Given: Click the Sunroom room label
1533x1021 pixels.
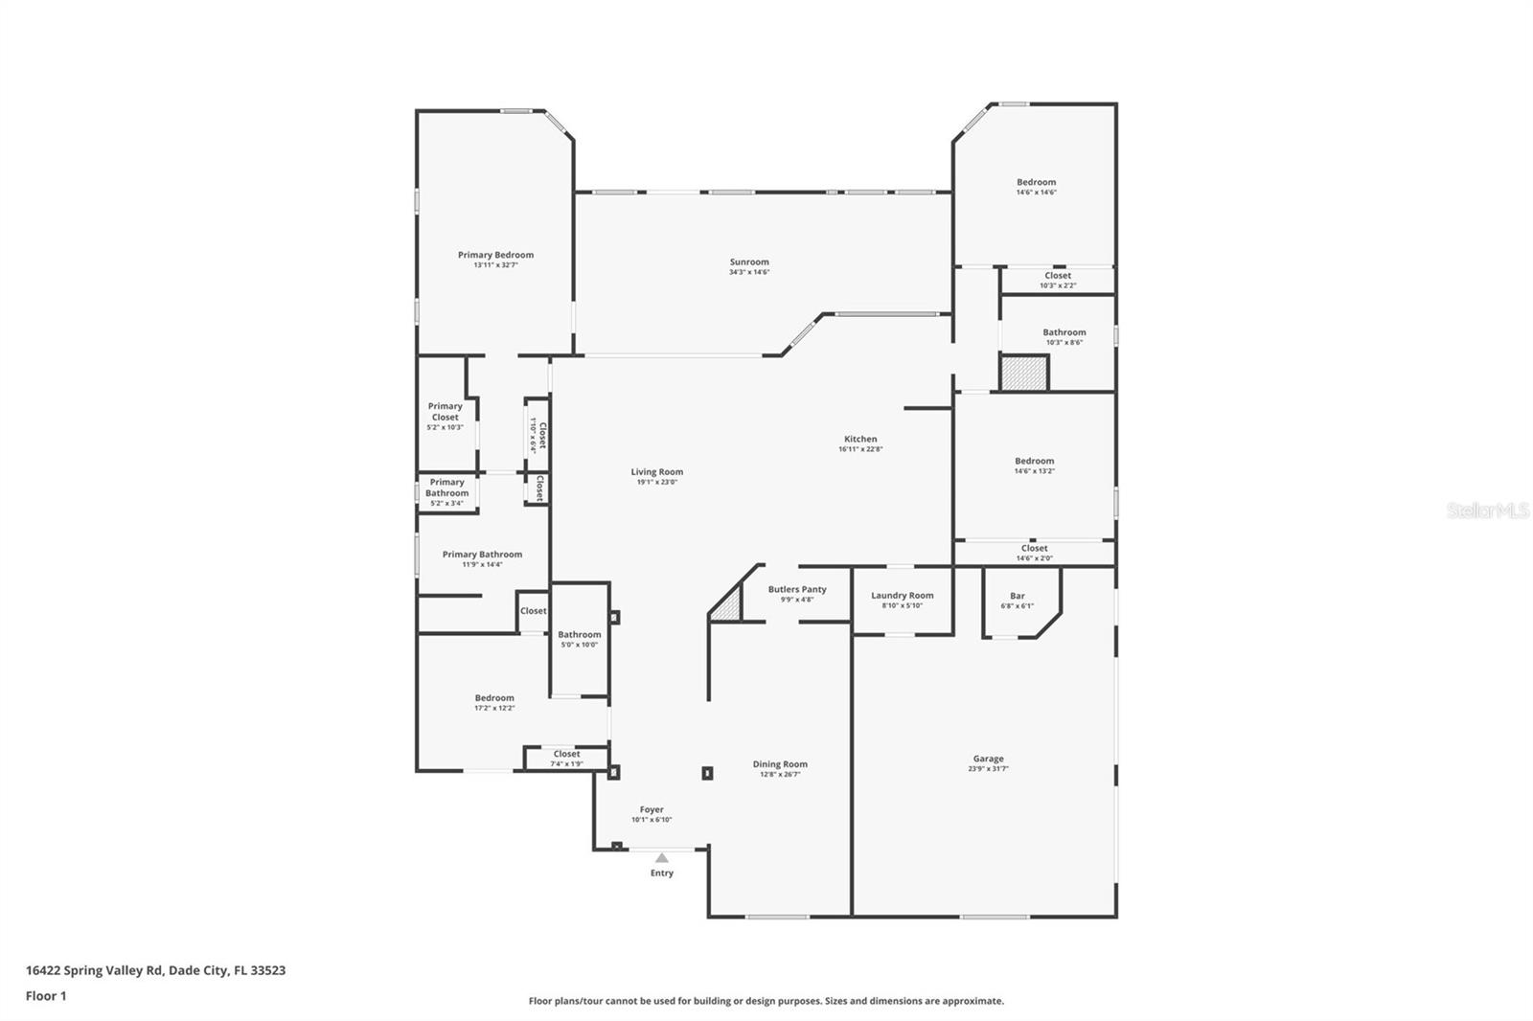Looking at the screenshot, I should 749,261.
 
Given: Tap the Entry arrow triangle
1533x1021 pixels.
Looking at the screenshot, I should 661,858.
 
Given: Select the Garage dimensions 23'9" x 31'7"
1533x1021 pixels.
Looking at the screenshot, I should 988,769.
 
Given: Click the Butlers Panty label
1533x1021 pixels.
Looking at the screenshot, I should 797,589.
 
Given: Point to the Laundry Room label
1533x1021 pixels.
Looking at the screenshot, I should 902,595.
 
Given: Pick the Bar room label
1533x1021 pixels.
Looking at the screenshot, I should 1018,596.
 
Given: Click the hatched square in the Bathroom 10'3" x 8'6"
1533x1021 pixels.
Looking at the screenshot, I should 1024,373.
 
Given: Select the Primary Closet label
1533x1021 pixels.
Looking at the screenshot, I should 445,412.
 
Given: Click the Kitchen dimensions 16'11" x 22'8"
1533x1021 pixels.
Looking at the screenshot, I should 860,449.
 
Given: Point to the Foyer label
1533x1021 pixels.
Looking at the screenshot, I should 652,809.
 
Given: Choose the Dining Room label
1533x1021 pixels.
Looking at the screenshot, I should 780,764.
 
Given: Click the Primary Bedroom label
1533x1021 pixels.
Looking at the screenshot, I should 495,255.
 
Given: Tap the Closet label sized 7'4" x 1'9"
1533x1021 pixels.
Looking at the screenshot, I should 566,754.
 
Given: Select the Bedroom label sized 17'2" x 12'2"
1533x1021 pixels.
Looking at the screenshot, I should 494,697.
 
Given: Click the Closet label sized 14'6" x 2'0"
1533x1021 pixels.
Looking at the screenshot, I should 1034,549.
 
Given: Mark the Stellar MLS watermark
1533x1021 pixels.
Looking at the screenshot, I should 1487,511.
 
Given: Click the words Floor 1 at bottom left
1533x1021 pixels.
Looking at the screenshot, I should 46,996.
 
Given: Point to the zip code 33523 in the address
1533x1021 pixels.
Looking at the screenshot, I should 268,970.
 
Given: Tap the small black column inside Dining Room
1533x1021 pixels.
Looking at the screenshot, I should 707,773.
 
